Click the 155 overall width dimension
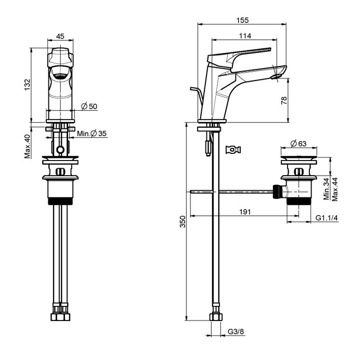(x=243, y=20)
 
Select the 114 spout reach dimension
(x=245, y=36)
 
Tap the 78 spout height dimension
(x=284, y=100)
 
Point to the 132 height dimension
(x=28, y=85)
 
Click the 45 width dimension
(x=60, y=36)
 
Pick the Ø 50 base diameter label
(x=89, y=106)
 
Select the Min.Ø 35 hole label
(x=92, y=134)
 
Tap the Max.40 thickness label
(x=28, y=146)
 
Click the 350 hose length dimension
(x=183, y=221)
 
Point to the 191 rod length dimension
(x=245, y=212)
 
